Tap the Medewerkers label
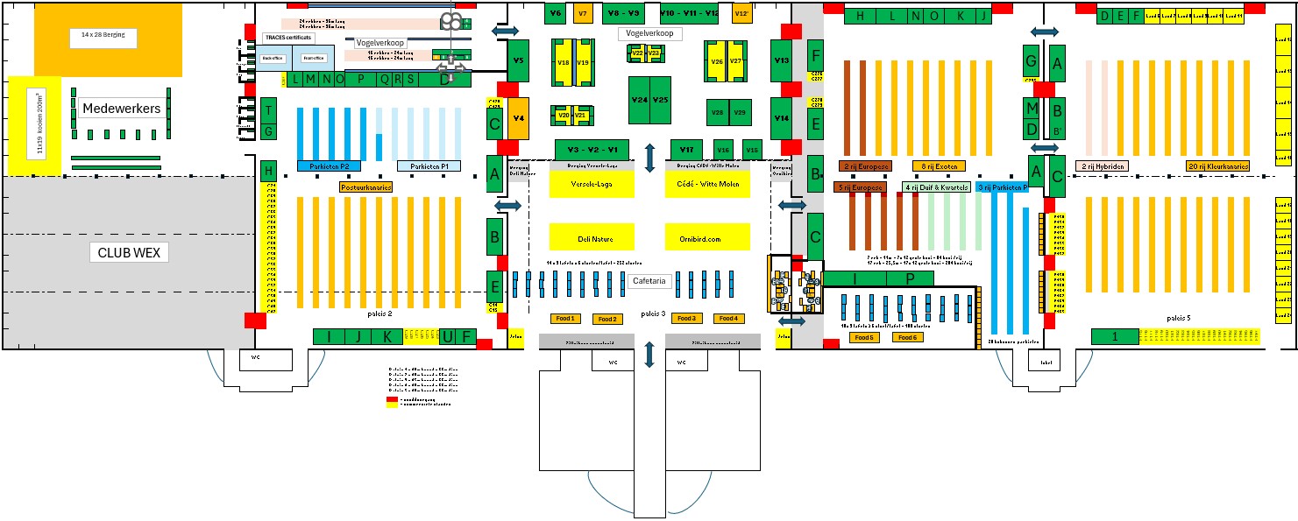121,109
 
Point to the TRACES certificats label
287,39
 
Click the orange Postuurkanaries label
365,187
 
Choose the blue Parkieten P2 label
329,165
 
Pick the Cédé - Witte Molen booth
708,184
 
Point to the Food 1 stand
564,318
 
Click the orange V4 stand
518,117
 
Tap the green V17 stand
687,149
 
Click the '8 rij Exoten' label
938,165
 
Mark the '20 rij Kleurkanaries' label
1217,165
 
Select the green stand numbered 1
1114,336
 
